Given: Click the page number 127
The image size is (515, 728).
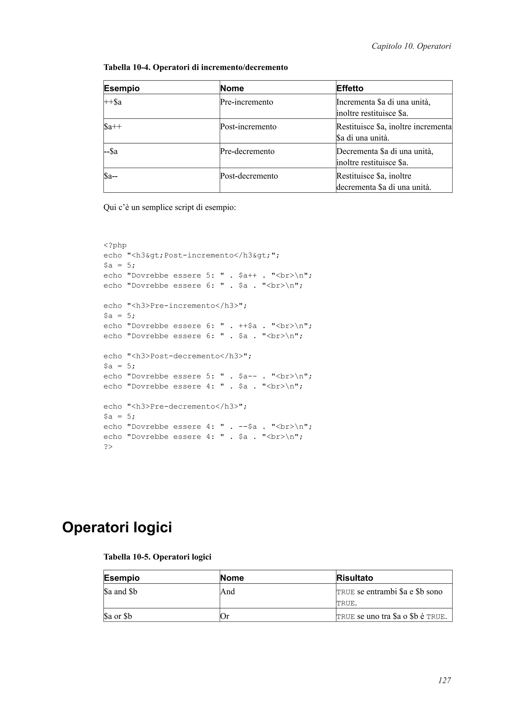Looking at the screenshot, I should (444, 689).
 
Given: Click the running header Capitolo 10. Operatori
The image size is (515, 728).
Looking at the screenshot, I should (411, 46).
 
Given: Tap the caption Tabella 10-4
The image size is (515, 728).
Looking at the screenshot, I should (195, 67).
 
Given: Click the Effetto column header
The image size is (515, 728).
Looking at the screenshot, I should (350, 88).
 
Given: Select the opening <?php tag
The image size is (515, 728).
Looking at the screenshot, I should (115, 245).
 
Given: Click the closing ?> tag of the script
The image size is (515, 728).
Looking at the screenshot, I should (108, 447).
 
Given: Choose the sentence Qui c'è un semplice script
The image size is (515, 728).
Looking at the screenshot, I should (169, 208).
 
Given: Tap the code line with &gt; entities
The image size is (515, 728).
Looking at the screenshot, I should (191, 255).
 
